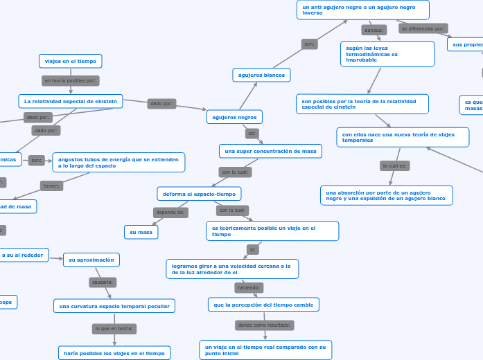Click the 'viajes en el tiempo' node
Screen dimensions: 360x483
tap(70, 61)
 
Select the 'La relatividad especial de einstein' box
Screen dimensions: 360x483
tap(71, 101)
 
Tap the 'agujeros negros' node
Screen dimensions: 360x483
tap(234, 117)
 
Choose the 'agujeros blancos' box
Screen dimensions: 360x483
tap(261, 74)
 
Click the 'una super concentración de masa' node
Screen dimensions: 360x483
tap(270, 151)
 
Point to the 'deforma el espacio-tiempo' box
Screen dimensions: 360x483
tap(200, 193)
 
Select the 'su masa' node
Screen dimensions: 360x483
tap(141, 232)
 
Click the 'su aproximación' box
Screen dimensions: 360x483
tap(91, 260)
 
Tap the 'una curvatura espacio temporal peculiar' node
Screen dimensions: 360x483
tap(114, 305)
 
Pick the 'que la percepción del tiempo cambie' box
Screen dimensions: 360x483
tap(263, 304)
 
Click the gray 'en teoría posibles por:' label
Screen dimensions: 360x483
tap(71, 81)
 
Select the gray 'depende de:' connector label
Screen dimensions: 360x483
tap(170, 212)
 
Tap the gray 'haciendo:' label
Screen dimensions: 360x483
tap(248, 287)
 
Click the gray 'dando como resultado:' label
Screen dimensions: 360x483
tap(265, 325)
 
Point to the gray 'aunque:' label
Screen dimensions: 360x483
tap(374, 30)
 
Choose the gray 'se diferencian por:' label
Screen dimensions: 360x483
tap(423, 28)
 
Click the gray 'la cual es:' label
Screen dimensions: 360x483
tap(395, 166)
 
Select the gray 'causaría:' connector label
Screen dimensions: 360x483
tap(103, 282)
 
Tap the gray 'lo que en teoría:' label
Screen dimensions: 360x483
tap(114, 329)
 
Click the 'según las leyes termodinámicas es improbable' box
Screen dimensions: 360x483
tap(387, 54)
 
